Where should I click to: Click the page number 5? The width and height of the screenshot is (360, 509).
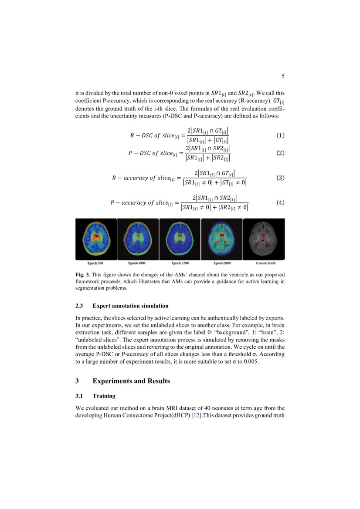click(x=283, y=76)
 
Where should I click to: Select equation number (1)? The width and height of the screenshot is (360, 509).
click(x=281, y=135)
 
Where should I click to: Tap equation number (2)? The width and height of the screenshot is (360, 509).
click(x=281, y=153)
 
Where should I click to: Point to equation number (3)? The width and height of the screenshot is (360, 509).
click(x=281, y=178)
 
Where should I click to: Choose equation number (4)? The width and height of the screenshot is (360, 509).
click(x=281, y=202)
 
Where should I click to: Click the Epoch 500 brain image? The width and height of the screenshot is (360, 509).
click(x=96, y=239)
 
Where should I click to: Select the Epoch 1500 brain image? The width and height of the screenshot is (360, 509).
click(x=180, y=239)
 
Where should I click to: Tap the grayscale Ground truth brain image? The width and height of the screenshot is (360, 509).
click(x=264, y=239)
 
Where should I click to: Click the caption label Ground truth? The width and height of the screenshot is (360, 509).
click(x=265, y=263)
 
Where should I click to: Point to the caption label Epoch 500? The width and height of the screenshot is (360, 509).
click(x=95, y=263)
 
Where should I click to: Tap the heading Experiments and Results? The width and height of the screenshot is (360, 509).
click(x=131, y=381)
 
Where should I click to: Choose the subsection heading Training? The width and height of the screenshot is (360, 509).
click(x=104, y=396)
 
